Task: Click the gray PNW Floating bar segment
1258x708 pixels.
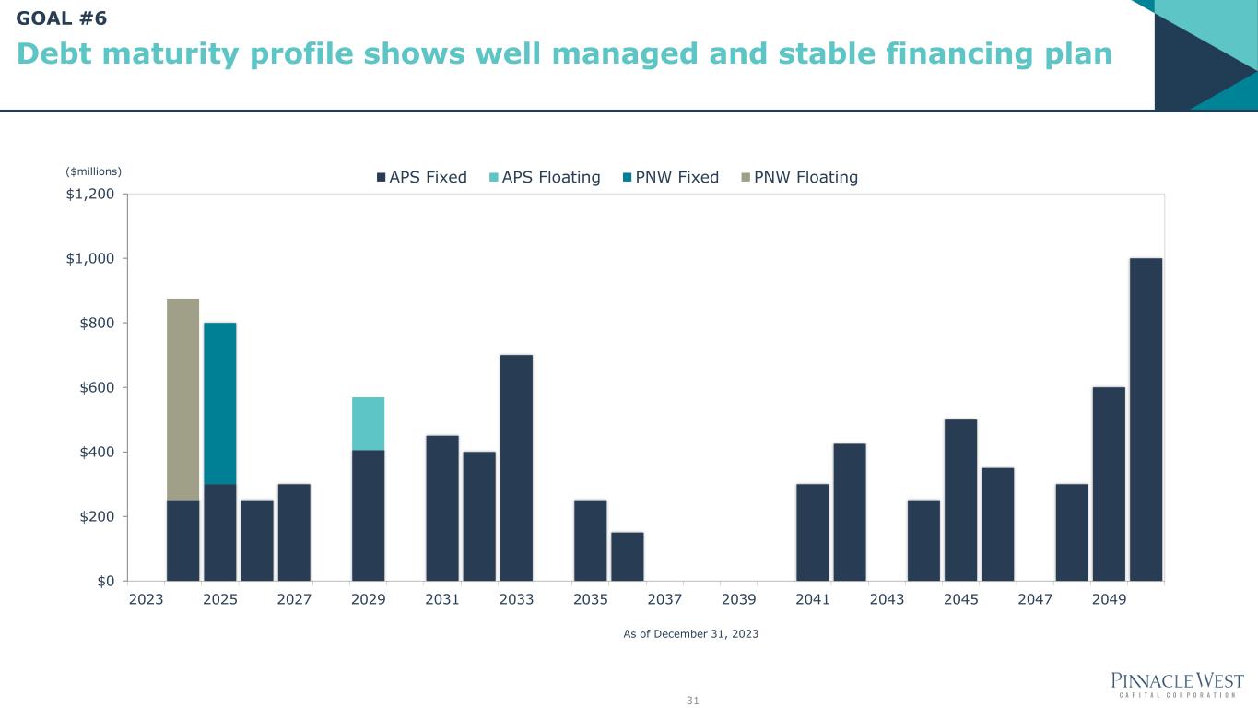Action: click(182, 398)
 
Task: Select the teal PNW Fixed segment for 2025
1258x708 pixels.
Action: click(219, 403)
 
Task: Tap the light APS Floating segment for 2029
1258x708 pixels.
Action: click(368, 423)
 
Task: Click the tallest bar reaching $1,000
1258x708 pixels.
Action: click(1146, 419)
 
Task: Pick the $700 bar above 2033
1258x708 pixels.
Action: click(516, 467)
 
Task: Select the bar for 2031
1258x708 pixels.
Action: click(442, 508)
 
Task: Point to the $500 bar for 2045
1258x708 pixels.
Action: click(960, 500)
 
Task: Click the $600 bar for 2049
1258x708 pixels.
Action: click(1109, 484)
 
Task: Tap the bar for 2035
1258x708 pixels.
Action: click(590, 540)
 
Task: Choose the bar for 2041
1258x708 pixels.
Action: click(812, 532)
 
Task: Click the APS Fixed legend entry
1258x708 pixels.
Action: click(421, 177)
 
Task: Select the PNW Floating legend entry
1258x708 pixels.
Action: click(799, 177)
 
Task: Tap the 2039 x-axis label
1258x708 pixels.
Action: click(738, 599)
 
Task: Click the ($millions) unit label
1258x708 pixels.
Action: click(93, 171)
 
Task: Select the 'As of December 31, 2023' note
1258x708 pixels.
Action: click(690, 634)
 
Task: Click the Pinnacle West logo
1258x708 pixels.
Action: click(1178, 684)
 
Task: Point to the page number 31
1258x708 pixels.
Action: click(693, 701)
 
